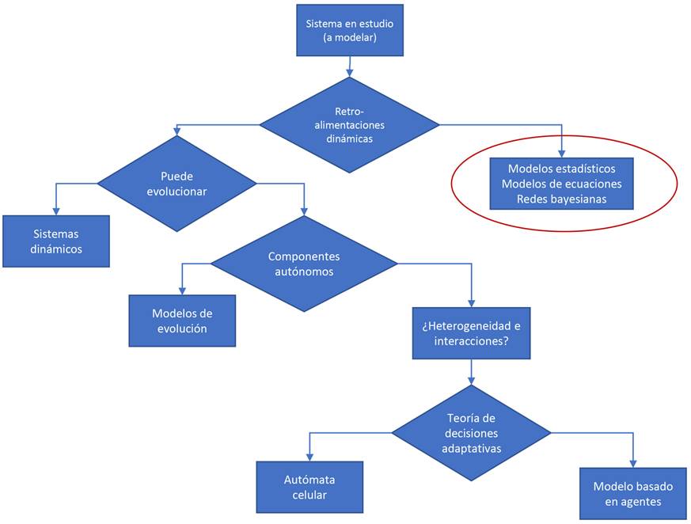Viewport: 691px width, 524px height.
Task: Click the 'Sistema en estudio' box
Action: coord(349,30)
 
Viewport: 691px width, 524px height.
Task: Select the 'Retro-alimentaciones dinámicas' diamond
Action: coord(349,124)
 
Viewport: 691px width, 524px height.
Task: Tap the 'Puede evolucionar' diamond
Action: coord(177,183)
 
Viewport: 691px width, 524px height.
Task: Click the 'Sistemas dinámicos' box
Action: coord(56,241)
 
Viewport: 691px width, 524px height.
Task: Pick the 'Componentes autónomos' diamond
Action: coord(303,264)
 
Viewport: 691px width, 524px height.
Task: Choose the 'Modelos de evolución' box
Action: coord(182,320)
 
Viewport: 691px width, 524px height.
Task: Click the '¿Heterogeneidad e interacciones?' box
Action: coord(471,333)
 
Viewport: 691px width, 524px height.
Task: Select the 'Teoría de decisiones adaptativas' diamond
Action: coord(472,432)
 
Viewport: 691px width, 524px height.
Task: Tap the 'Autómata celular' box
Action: coord(309,488)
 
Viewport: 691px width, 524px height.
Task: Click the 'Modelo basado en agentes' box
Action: coord(632,494)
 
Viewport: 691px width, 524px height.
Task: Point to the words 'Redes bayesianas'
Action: coord(561,199)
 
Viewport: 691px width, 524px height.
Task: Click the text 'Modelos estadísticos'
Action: coord(561,169)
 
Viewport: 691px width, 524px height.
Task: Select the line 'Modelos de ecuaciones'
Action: coord(561,184)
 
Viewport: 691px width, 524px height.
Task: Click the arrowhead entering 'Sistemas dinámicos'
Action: coord(56,210)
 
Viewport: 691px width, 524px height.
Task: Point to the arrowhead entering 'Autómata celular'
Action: coord(309,457)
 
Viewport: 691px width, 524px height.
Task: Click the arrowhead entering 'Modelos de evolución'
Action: coord(183,290)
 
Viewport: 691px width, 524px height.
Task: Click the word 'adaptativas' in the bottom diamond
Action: coord(472,448)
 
